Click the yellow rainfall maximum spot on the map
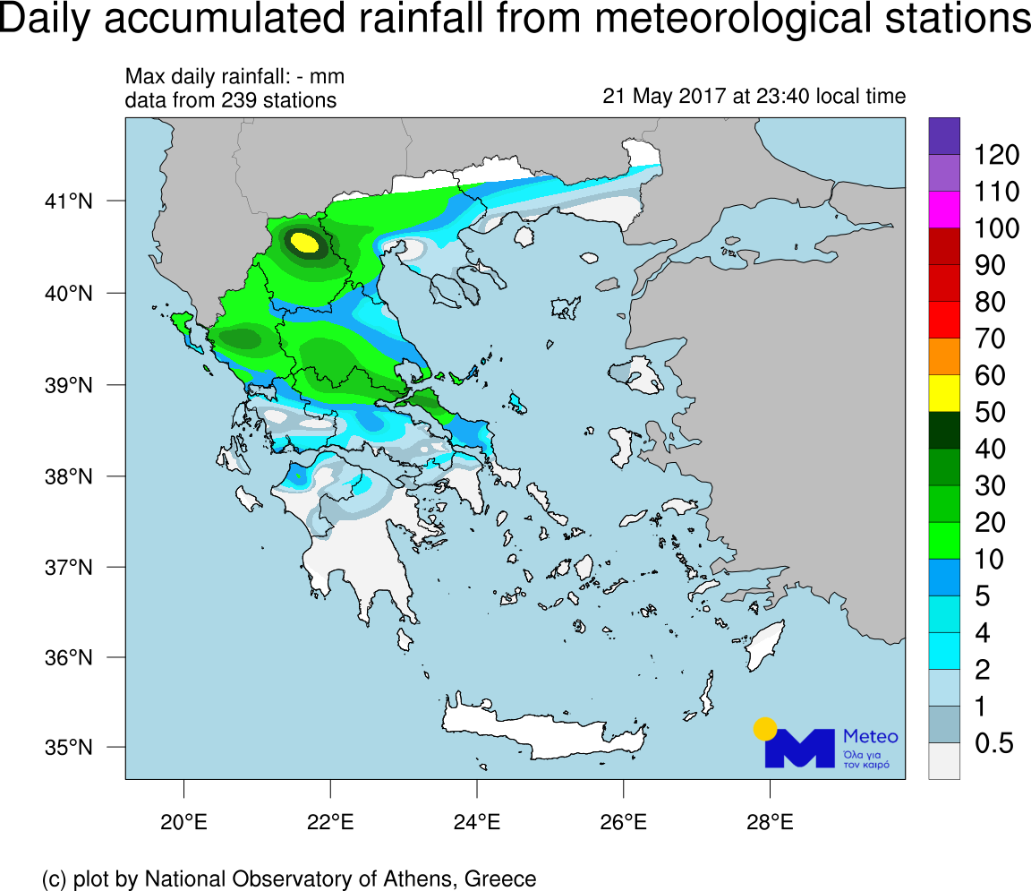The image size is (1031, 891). coord(305,242)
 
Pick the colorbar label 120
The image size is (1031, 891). coord(996,156)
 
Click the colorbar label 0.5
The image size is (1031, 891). coord(993,743)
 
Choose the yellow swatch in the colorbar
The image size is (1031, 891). coord(944,393)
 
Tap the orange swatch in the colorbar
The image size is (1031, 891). coord(944,356)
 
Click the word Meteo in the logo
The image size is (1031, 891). coord(871,736)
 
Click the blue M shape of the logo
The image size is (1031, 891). coord(798,749)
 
